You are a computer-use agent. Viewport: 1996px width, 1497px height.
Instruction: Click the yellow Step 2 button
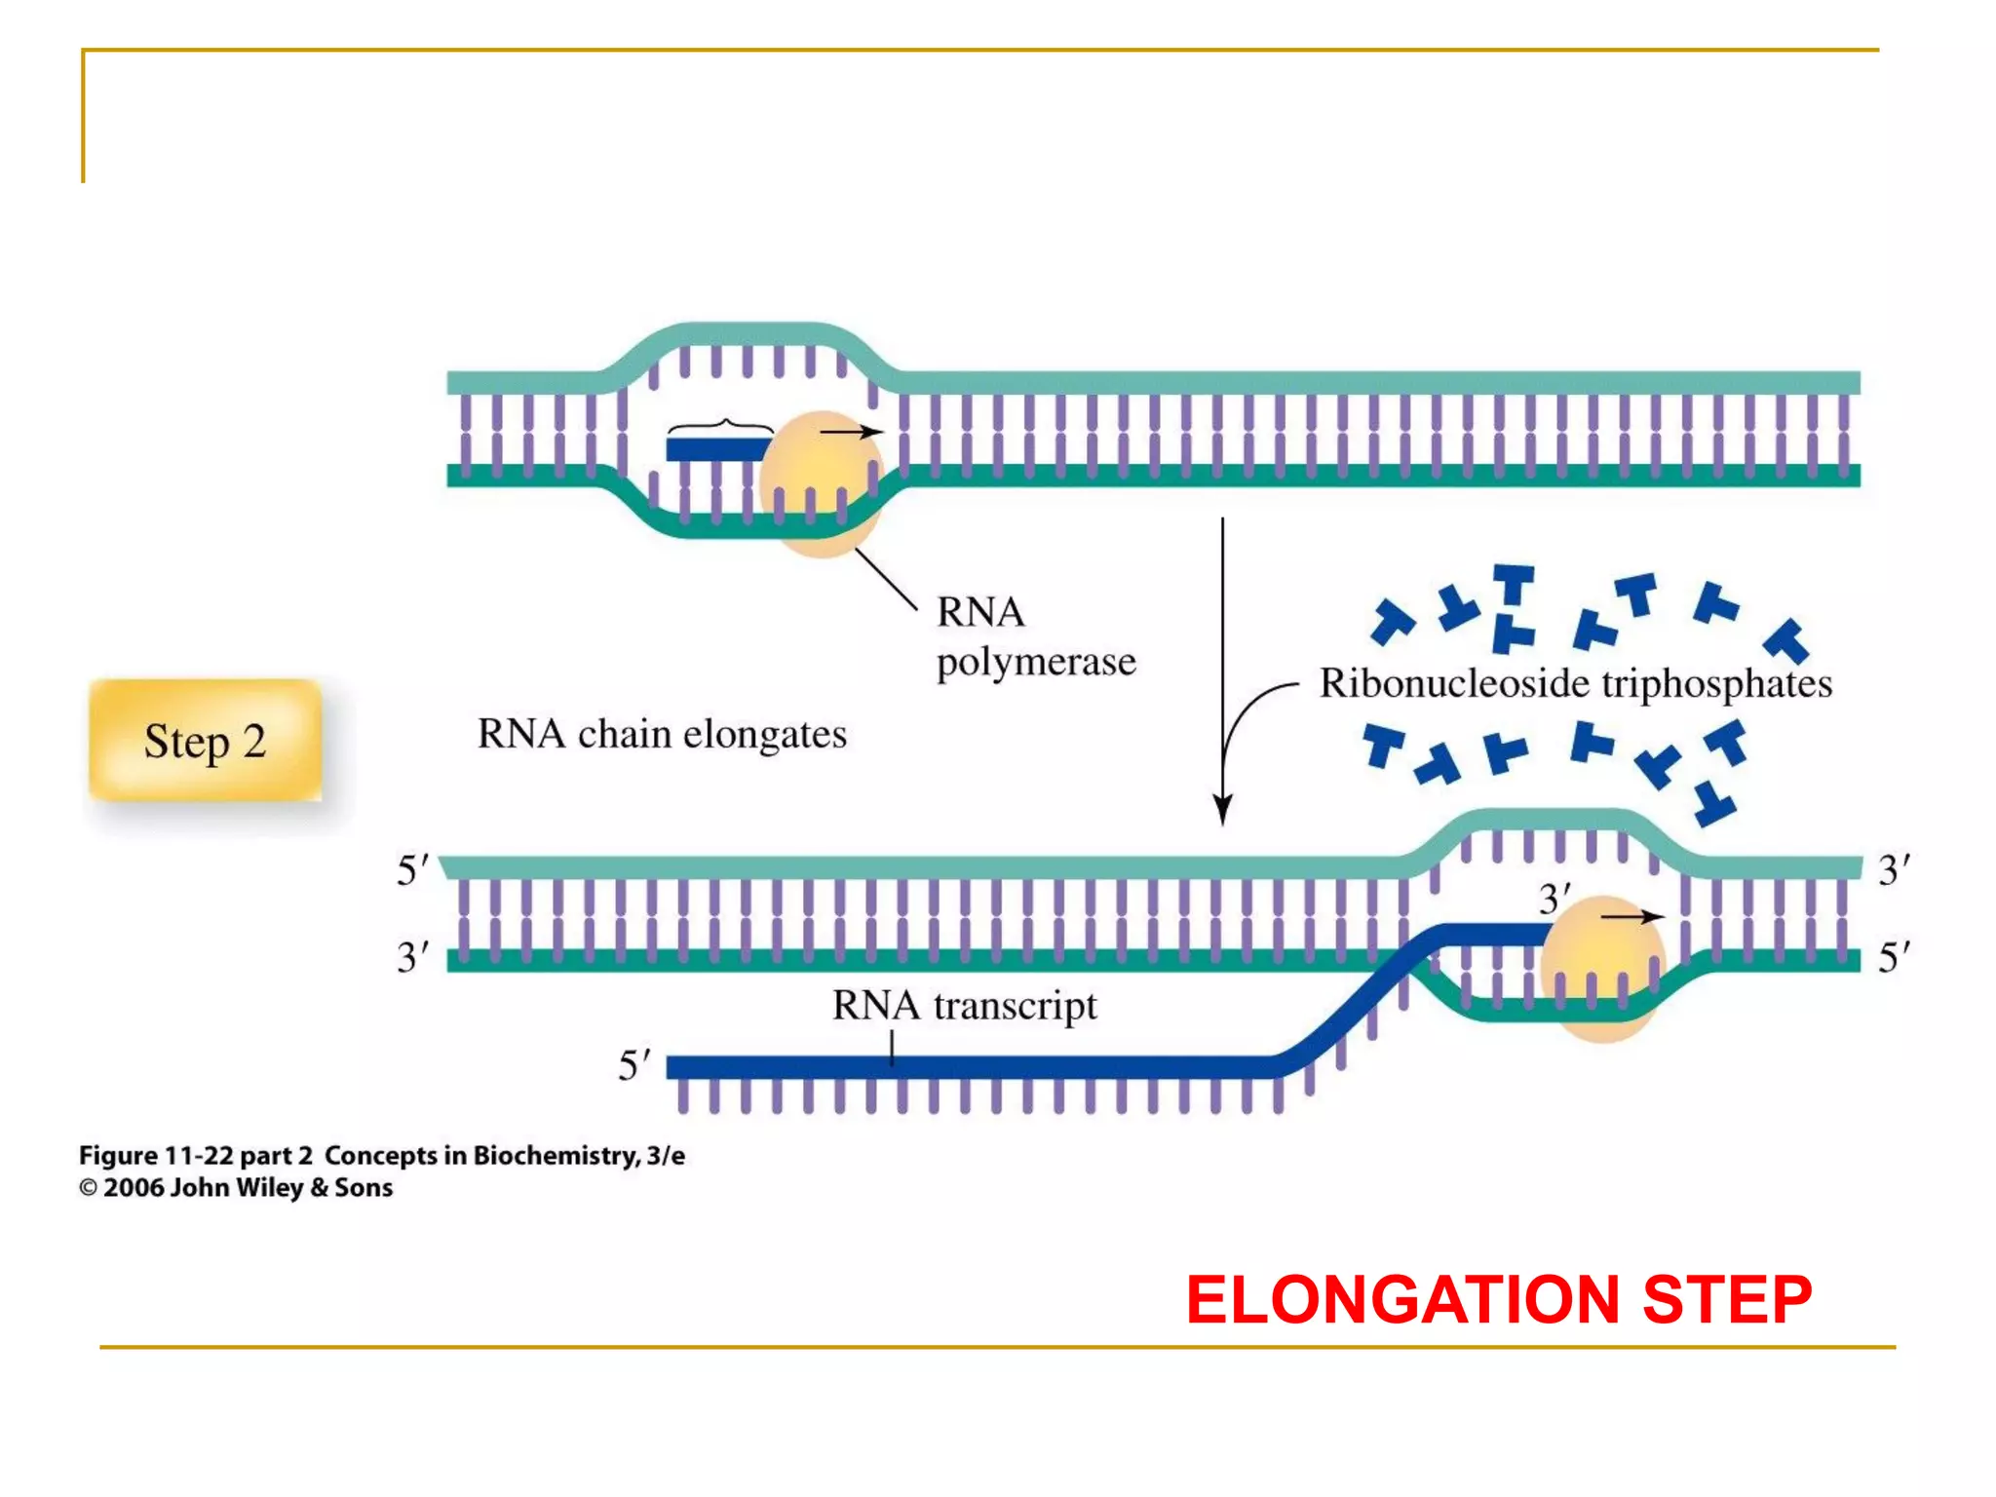(x=205, y=741)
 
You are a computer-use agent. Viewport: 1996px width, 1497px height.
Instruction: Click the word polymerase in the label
(x=1036, y=662)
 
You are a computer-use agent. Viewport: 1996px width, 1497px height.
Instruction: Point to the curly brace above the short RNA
(x=721, y=426)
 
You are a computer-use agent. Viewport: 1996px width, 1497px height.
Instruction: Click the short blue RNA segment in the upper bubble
(x=716, y=449)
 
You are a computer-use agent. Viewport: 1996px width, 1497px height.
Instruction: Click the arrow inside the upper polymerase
(x=850, y=432)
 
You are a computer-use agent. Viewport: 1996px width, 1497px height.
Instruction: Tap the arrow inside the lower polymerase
(x=1631, y=917)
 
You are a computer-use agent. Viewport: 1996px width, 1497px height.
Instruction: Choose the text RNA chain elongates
(x=662, y=734)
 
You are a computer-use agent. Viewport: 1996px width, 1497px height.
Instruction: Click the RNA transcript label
(x=964, y=1006)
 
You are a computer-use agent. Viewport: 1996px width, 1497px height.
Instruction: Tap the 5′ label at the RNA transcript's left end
(x=633, y=1064)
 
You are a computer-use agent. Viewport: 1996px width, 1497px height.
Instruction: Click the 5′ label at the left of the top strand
(x=412, y=869)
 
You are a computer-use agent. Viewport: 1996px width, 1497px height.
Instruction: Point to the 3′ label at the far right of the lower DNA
(x=1894, y=869)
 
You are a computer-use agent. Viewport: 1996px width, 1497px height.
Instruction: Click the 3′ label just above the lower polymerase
(x=1554, y=899)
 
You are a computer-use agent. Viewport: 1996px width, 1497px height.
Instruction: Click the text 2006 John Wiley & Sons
(x=248, y=1188)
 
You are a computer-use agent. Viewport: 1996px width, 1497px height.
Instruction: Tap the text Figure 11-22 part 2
(x=195, y=1156)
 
